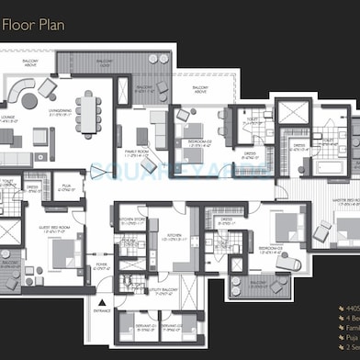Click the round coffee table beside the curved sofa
point(30,101)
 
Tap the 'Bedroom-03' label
point(269,249)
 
